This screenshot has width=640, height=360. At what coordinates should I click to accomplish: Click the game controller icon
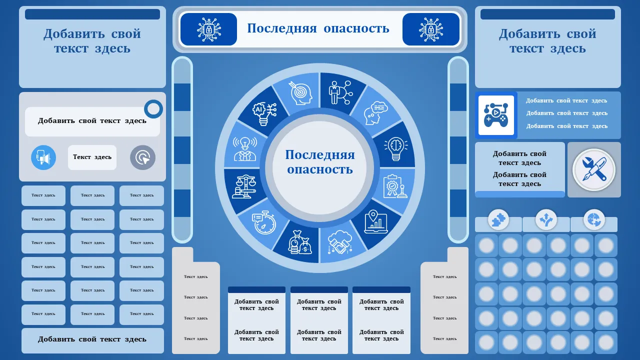click(496, 115)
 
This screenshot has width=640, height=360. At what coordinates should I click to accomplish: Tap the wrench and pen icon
click(593, 169)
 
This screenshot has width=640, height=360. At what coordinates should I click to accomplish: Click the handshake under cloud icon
click(340, 242)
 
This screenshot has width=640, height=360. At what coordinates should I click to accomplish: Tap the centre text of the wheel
click(320, 162)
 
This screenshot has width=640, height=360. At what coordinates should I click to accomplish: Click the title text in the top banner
click(318, 28)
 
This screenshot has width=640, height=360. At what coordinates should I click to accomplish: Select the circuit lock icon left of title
click(208, 29)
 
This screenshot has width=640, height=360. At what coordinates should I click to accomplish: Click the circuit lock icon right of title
click(431, 29)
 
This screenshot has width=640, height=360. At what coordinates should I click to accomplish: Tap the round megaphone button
click(43, 157)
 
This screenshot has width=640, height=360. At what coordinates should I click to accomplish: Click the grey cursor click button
click(143, 157)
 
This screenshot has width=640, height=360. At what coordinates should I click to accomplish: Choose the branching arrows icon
click(546, 219)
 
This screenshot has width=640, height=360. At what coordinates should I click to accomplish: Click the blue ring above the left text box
click(153, 109)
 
